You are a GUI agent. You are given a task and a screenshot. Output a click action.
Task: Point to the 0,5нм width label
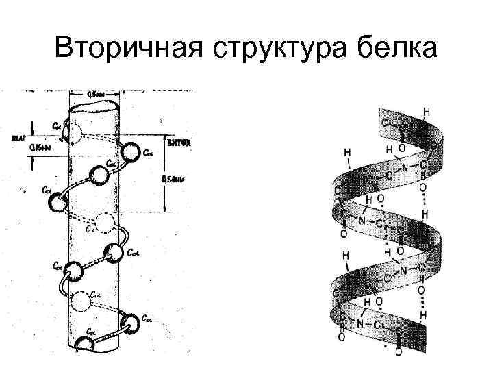(97, 94)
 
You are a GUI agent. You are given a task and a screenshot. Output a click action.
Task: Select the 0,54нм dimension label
(173, 179)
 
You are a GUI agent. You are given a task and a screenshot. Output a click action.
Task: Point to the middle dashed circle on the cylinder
(105, 222)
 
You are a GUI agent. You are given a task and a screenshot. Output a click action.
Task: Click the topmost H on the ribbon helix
(427, 110)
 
